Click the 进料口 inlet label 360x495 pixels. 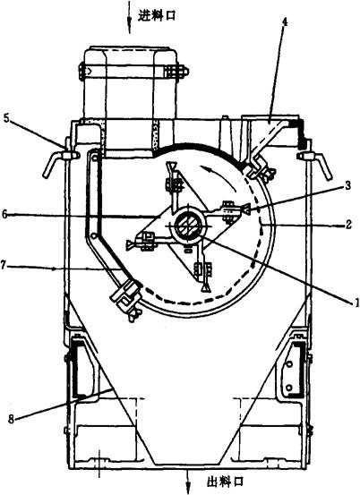click(x=157, y=15)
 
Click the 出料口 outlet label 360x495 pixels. click(x=226, y=482)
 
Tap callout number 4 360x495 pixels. click(x=285, y=21)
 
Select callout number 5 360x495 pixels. click(x=7, y=119)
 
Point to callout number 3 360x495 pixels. click(x=347, y=185)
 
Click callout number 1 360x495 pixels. click(x=356, y=303)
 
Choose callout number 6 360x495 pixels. click(x=4, y=215)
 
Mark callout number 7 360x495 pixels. click(x=4, y=266)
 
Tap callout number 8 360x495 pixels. click(x=12, y=420)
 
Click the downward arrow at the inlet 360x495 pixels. click(x=129, y=16)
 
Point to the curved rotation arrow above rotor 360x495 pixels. click(x=219, y=176)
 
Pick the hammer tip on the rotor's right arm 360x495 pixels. click(x=245, y=209)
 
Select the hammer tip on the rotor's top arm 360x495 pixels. click(x=173, y=166)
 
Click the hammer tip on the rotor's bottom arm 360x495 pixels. click(x=206, y=288)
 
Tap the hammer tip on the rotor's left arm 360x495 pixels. click(x=130, y=244)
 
